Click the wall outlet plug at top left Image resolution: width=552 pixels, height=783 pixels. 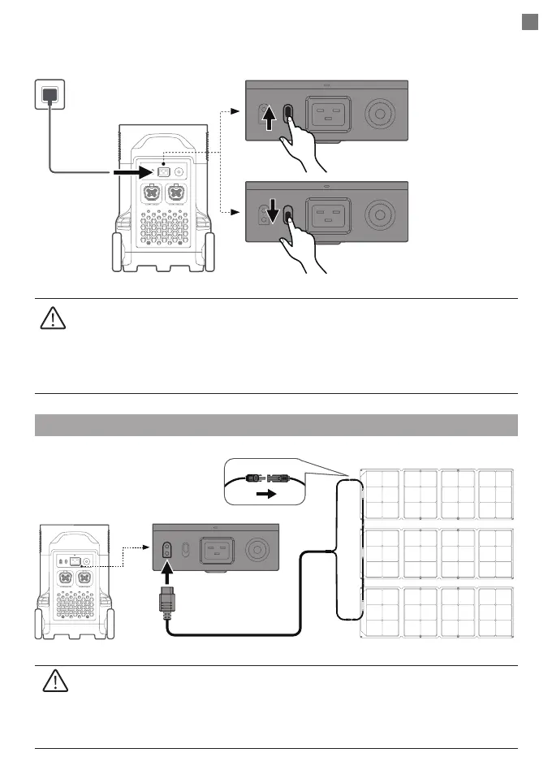pos(50,95)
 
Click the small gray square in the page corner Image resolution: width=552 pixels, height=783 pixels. pos(530,23)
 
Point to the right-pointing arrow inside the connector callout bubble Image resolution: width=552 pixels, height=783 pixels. pos(265,492)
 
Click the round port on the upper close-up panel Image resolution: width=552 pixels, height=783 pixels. pos(378,114)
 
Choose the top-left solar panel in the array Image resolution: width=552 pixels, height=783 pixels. pos(382,493)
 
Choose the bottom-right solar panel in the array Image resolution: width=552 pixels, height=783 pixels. pos(494,614)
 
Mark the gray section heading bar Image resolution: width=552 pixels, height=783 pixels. pos(276,425)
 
